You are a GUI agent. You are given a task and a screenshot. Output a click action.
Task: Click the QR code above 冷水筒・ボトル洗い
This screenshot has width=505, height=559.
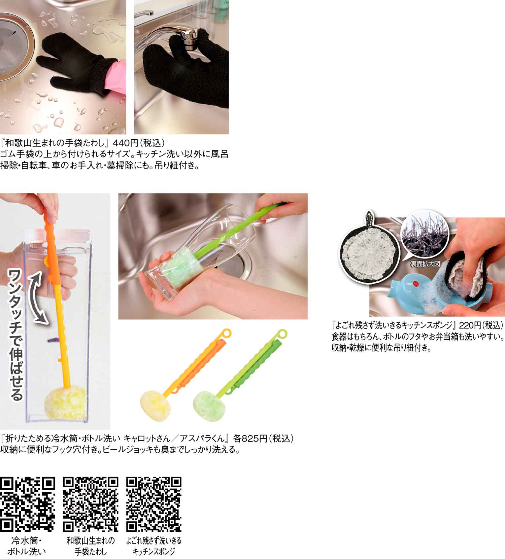click(28, 504)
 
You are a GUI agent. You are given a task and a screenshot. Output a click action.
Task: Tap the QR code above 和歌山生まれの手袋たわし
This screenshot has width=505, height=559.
click(91, 504)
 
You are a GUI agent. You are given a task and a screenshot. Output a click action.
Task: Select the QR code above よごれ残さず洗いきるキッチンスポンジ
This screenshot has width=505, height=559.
click(154, 504)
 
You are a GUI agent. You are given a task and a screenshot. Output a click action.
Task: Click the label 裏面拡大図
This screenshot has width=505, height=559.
click(425, 264)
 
